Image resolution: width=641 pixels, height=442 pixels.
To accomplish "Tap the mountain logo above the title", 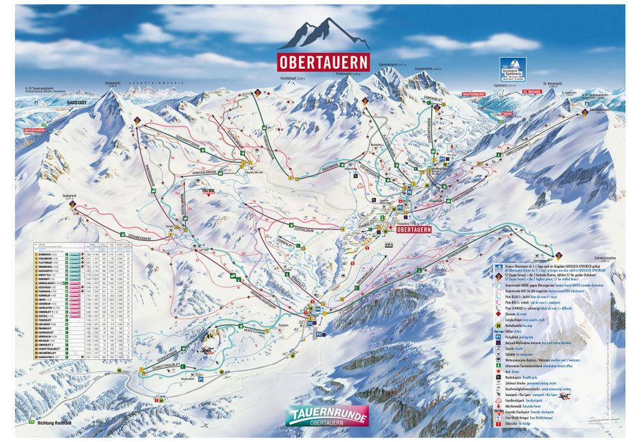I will click(324, 34).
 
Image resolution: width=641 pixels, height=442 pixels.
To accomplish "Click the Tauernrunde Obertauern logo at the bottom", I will click(327, 414).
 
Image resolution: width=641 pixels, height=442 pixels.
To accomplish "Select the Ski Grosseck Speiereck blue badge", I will click(513, 70).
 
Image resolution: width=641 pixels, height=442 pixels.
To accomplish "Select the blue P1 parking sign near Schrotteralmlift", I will click(201, 379).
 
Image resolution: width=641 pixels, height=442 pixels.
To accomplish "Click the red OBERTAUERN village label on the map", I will click(412, 230).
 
